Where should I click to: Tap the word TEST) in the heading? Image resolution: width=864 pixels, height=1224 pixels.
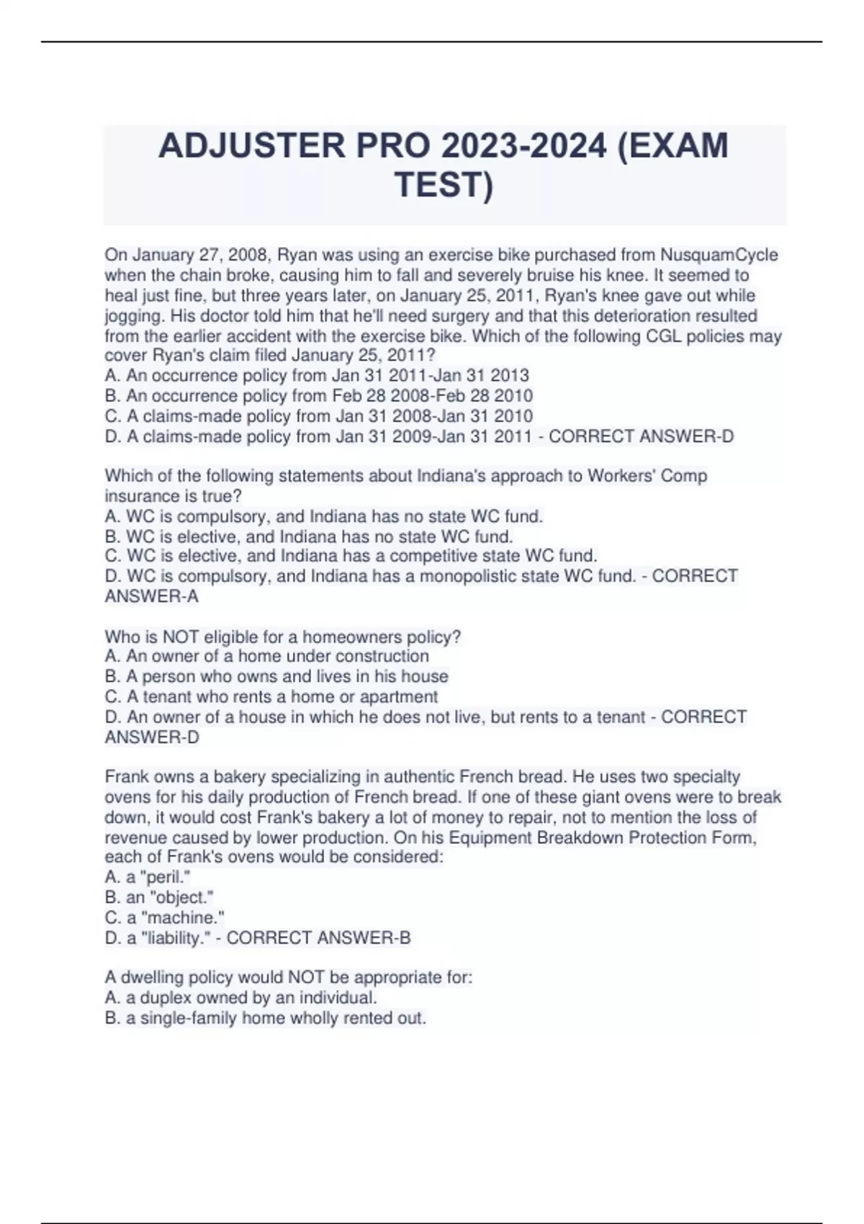444,184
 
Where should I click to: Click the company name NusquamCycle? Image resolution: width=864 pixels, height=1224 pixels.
719,255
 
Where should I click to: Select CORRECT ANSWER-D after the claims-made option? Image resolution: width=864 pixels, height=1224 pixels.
642,436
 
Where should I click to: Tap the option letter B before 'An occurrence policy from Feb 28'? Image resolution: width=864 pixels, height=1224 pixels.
111,396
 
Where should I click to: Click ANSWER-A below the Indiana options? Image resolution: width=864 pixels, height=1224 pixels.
152,597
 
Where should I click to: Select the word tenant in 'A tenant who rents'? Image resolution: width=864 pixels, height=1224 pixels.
167,697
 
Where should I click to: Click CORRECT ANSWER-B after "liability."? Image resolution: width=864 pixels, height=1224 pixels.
318,938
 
